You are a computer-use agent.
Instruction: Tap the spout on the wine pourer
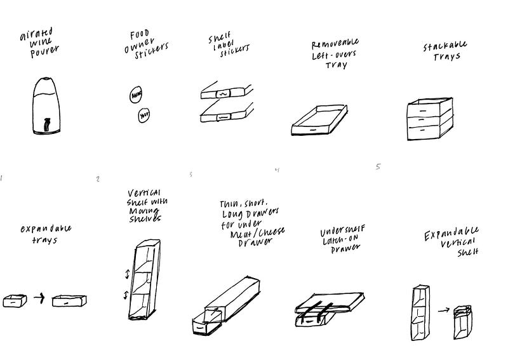pyautogui.click(x=46, y=123)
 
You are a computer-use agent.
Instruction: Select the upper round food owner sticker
pyautogui.click(x=136, y=95)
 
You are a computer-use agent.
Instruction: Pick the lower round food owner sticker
pyautogui.click(x=144, y=116)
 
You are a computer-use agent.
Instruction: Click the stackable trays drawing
pyautogui.click(x=430, y=119)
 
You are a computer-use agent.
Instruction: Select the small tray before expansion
pyautogui.click(x=15, y=300)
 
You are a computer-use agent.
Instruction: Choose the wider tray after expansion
pyautogui.click(x=69, y=300)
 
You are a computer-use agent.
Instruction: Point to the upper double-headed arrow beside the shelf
pyautogui.click(x=127, y=274)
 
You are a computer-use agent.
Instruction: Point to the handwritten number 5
pyautogui.click(x=378, y=167)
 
